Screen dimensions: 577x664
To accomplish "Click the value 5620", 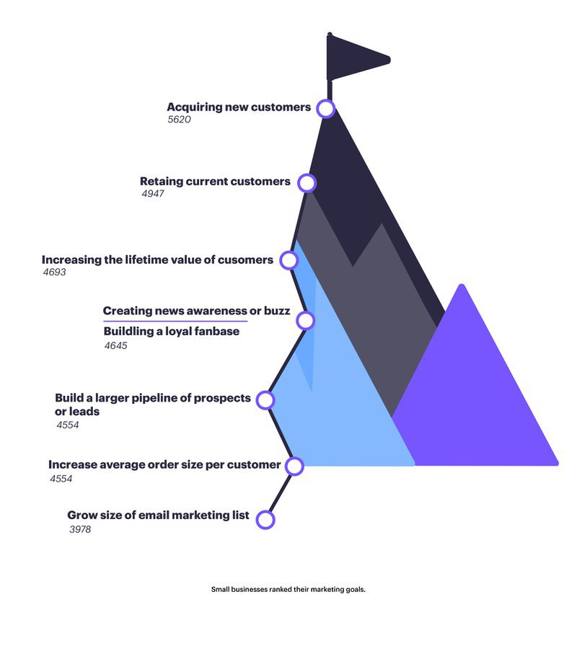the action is pyautogui.click(x=179, y=120).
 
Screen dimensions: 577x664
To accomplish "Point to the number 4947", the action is pyautogui.click(x=152, y=193).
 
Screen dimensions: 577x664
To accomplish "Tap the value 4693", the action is pyautogui.click(x=54, y=272).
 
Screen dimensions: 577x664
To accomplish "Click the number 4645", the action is pyautogui.click(x=115, y=345).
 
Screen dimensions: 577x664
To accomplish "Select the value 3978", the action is pyautogui.click(x=80, y=529).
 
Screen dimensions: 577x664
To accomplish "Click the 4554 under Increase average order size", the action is pyautogui.click(x=61, y=479).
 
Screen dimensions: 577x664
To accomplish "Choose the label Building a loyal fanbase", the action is pyautogui.click(x=172, y=331).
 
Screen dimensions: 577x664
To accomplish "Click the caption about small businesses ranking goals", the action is pyautogui.click(x=288, y=589).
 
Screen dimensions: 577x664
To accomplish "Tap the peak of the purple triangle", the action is pyautogui.click(x=462, y=285).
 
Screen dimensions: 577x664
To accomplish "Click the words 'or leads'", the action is pyautogui.click(x=77, y=411).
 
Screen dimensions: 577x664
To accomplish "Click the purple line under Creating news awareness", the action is pyautogui.click(x=175, y=322).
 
